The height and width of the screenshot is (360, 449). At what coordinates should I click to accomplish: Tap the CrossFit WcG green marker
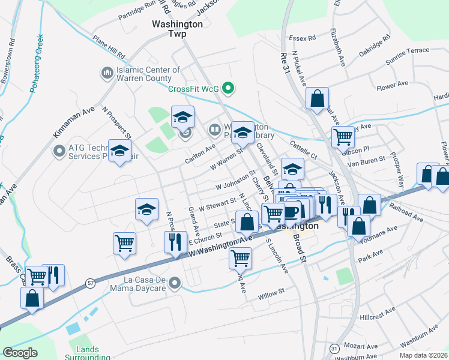pyautogui.click(x=228, y=89)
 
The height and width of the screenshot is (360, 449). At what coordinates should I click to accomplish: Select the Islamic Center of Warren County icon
pyautogui.click(x=107, y=73)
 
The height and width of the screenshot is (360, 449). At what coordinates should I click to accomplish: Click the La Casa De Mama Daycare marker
pyautogui.click(x=175, y=282)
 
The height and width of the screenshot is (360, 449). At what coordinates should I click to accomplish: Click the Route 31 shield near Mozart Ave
pyautogui.click(x=334, y=348)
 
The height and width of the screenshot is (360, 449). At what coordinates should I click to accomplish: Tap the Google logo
pyautogui.click(x=20, y=353)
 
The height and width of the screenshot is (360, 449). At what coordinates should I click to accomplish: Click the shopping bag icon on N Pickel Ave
pyautogui.click(x=317, y=98)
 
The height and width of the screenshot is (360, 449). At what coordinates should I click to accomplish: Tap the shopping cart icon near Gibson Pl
pyautogui.click(x=343, y=136)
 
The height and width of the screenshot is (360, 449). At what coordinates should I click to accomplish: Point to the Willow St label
pyautogui.click(x=270, y=294)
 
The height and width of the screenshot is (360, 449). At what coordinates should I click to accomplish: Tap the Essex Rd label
pyautogui.click(x=302, y=38)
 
